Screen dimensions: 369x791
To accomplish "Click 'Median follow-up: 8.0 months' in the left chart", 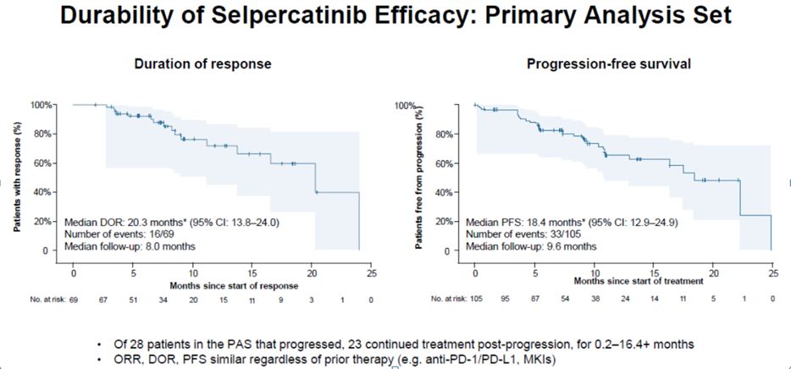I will pyautogui.click(x=130, y=247).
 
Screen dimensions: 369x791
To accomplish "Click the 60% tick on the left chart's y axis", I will pyautogui.click(x=41, y=162).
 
